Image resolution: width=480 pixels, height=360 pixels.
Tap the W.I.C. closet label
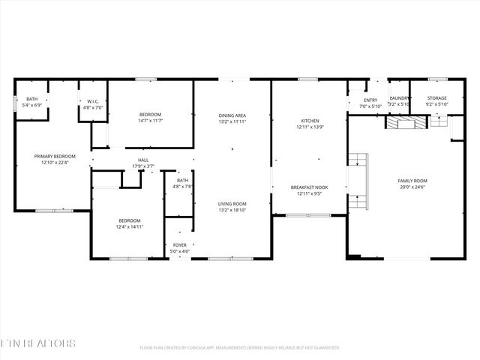(93, 101)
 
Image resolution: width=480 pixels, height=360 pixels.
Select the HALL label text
(142, 159)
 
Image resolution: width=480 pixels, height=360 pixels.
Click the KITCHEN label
(310, 121)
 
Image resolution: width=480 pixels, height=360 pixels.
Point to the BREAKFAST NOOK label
(310, 187)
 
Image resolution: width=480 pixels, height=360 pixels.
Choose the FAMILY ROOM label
(412, 181)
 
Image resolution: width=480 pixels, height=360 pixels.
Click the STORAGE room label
(437, 98)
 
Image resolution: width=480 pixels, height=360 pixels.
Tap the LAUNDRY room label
(399, 98)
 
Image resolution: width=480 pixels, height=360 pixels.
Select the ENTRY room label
(370, 100)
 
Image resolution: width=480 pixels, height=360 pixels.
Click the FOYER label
(180, 244)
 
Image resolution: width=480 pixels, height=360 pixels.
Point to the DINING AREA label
(232, 115)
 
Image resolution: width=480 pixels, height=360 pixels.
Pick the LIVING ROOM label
(232, 203)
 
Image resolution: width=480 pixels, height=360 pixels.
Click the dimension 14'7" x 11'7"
(150, 121)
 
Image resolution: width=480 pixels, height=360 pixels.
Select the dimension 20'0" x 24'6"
(412, 187)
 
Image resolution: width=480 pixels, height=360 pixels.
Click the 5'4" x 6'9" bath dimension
(32, 106)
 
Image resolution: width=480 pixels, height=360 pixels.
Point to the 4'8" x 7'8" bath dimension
(183, 187)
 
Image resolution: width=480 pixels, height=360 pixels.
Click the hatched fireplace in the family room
(405, 121)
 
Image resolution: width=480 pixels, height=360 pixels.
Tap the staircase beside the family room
(358, 181)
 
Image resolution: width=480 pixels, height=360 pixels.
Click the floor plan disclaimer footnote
(240, 347)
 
